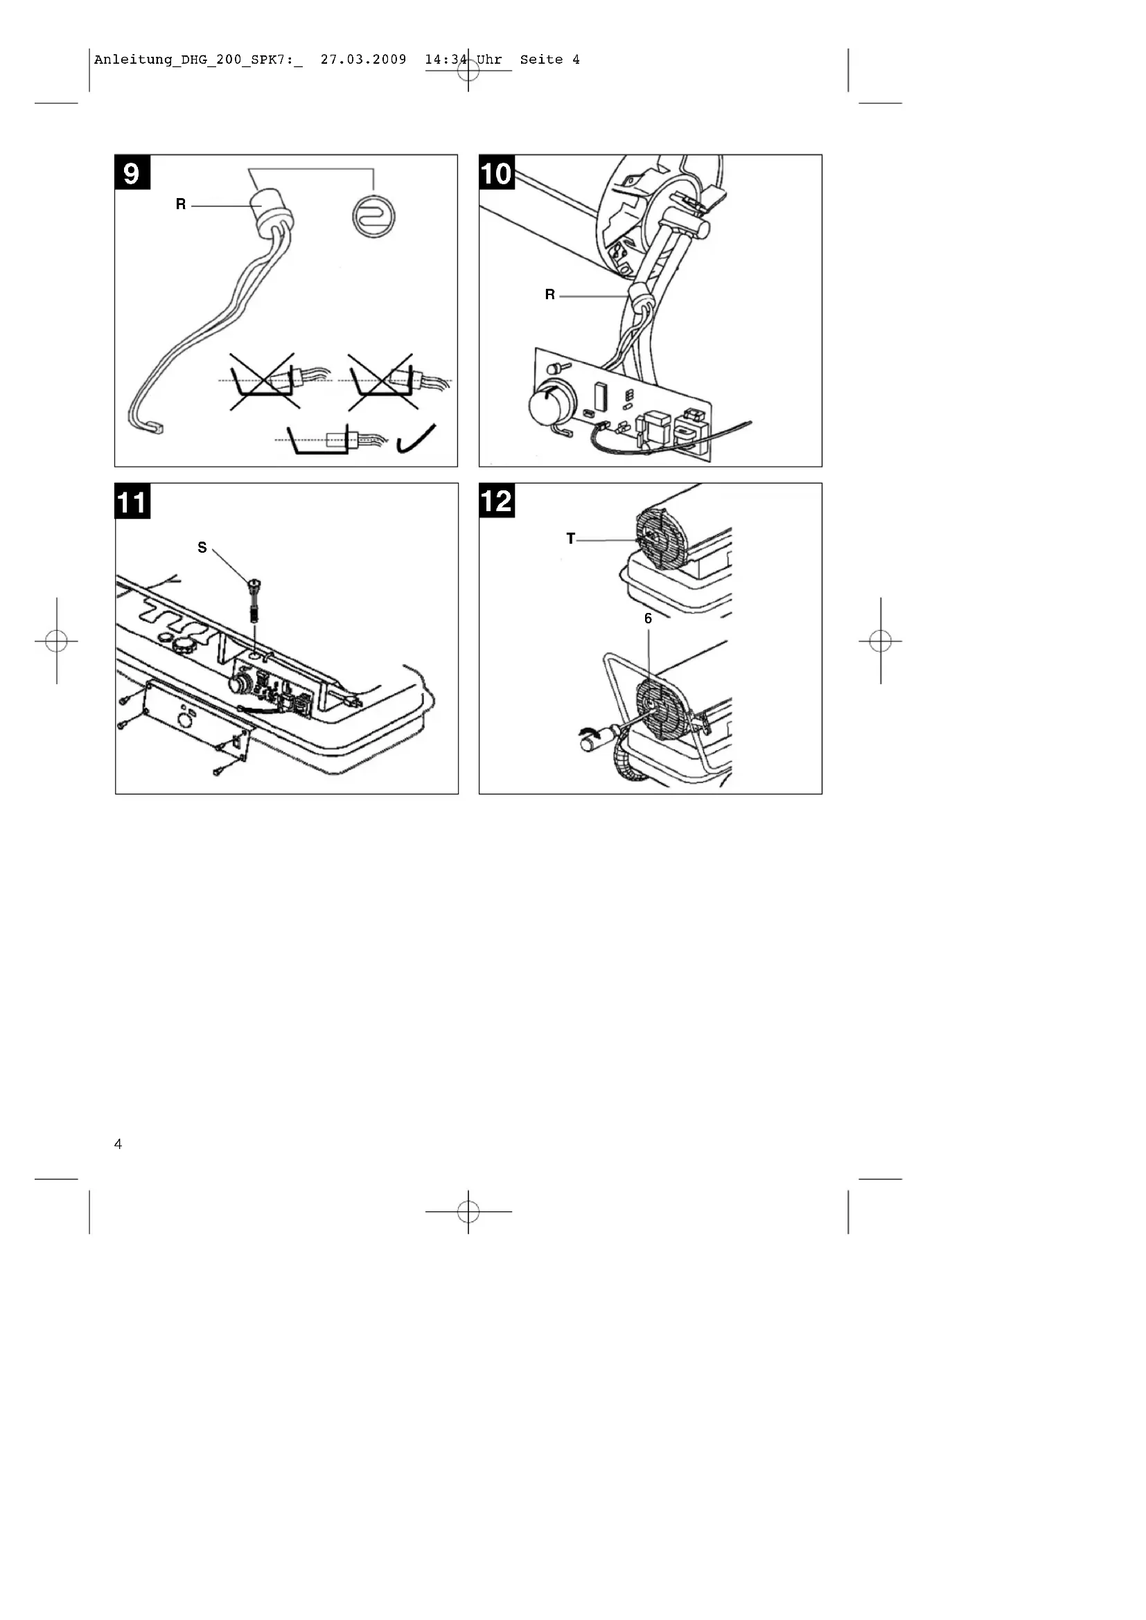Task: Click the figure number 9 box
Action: (132, 172)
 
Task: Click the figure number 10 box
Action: (497, 172)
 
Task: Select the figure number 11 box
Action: (132, 501)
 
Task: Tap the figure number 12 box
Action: (497, 500)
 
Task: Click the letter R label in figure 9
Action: (181, 204)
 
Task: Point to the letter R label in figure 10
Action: (549, 295)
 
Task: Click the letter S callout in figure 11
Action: (202, 548)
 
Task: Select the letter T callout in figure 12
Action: (570, 539)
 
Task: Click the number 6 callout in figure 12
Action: (648, 618)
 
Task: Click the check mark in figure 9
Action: (416, 440)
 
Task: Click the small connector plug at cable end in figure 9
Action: (156, 427)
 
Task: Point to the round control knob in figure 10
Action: (547, 405)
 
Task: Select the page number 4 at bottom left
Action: (118, 1143)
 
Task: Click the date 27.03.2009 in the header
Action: (364, 60)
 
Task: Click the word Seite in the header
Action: (541, 60)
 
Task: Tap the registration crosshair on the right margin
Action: (880, 641)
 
